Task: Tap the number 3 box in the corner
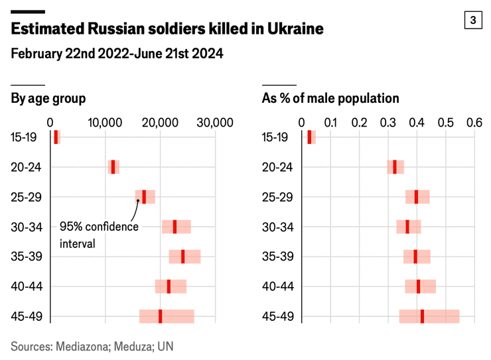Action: coord(473,21)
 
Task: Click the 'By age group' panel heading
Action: coord(48,99)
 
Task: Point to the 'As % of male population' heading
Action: coord(330,99)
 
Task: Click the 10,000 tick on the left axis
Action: coord(105,123)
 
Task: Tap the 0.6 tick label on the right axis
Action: coord(474,123)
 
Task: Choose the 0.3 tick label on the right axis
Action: coord(387,123)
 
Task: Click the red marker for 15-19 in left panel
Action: coord(56,137)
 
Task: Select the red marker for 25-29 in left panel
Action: coord(144,196)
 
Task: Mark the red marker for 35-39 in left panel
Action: coord(183,256)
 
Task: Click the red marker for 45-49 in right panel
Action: coord(422,316)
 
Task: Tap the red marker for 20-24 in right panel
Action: coord(395,166)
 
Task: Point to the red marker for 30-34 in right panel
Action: coord(407,227)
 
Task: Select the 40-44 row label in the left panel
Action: coord(27,286)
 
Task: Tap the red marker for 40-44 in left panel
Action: coord(169,286)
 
